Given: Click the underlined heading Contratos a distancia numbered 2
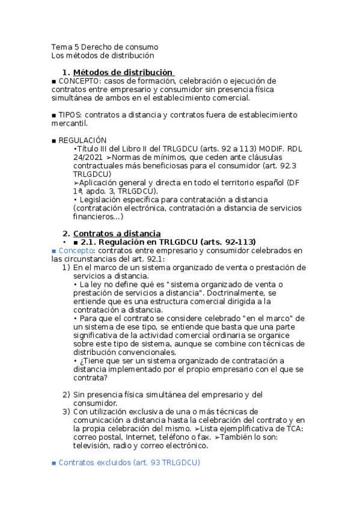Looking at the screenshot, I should click(x=117, y=233).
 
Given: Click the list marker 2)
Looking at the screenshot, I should click(x=67, y=395).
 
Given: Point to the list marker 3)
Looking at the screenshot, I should click(x=67, y=411).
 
